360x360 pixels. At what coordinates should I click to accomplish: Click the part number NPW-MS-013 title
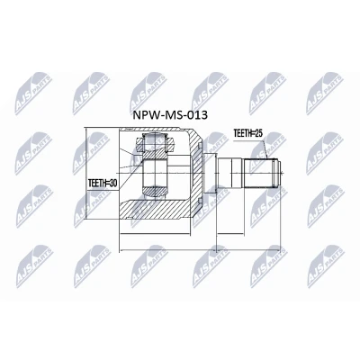click(170, 114)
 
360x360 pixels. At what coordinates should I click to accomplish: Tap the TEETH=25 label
click(247, 134)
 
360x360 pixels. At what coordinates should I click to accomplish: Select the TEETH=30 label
click(103, 183)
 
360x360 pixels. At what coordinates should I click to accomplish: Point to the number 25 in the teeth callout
click(258, 134)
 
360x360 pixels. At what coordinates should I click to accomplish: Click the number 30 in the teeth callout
click(112, 183)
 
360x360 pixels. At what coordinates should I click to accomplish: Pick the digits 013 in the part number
click(198, 114)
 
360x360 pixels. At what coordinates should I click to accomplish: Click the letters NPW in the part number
click(144, 114)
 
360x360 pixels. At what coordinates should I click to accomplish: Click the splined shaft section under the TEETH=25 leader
click(261, 173)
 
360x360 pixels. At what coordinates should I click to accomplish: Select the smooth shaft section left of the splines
click(229, 173)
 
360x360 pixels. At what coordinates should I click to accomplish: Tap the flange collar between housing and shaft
click(210, 173)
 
